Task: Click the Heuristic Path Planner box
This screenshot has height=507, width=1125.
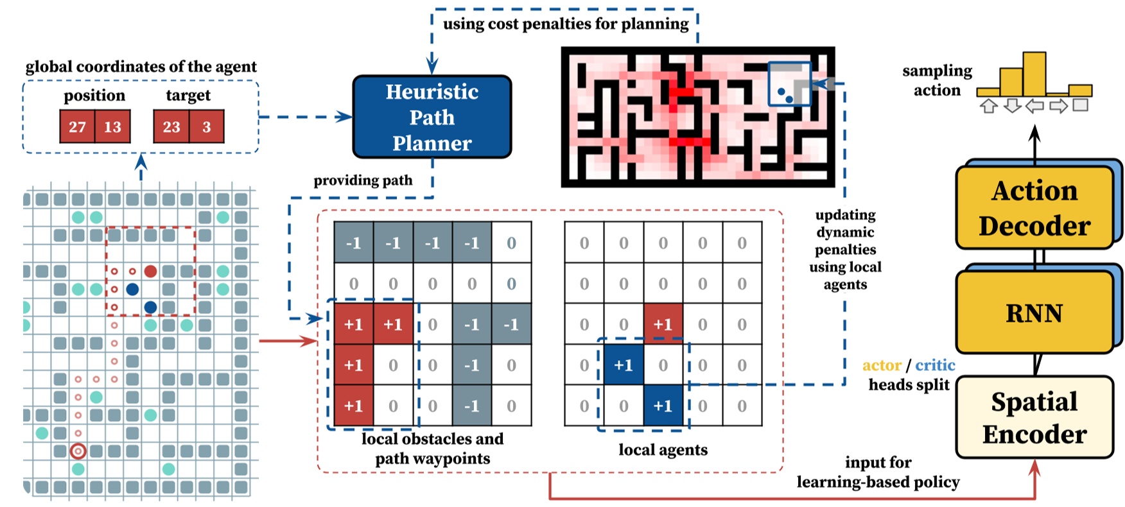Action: pos(432,117)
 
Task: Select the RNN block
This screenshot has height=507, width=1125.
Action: pos(1034,313)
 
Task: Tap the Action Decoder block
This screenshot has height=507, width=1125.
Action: pos(1034,208)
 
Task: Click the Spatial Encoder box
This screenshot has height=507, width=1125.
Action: pos(1034,417)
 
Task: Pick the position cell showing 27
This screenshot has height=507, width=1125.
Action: pos(77,126)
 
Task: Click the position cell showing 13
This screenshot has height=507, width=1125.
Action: pos(112,126)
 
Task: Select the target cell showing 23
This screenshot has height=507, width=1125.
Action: pos(171,126)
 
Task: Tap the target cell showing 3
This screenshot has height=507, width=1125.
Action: pos(206,126)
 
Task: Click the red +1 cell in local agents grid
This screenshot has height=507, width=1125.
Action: pos(663,325)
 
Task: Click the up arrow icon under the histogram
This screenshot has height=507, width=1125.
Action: pos(989,106)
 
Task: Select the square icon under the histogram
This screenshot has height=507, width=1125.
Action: pos(1081,105)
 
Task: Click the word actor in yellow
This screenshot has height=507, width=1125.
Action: pos(882,365)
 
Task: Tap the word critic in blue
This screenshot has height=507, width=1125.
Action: pos(935,365)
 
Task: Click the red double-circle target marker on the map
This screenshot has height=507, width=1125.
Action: pos(78,451)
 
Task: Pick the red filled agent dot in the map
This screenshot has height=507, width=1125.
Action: pos(150,271)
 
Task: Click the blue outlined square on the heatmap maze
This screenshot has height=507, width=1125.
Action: pos(789,83)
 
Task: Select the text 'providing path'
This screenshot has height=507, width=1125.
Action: pos(363,180)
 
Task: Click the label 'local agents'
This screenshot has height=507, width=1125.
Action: pos(663,450)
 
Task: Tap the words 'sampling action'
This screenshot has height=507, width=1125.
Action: pos(937,80)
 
